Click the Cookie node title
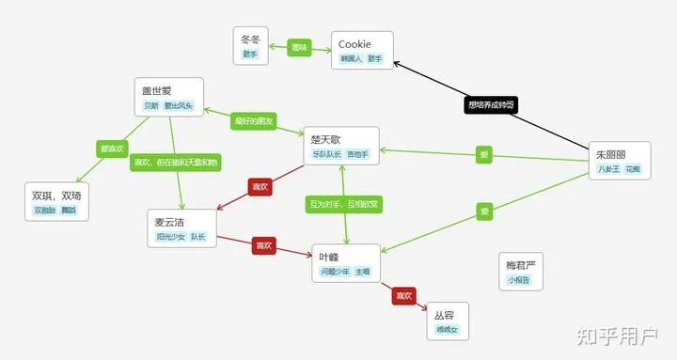pos(354,43)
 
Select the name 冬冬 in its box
pos(250,39)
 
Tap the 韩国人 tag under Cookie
pos(351,58)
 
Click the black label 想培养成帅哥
pos(490,104)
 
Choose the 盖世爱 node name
pos(156,91)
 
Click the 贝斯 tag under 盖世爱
pos(150,106)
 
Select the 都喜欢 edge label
pos(111,149)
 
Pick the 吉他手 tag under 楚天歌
pos(358,153)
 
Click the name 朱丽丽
pos(610,154)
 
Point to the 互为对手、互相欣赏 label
pos(344,203)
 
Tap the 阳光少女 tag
pos(171,238)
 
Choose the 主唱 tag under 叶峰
pos(362,272)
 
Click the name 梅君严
pos(519,264)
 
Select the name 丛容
pos(444,315)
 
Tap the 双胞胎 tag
pos(45,211)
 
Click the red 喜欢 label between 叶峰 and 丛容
pos(403,296)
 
